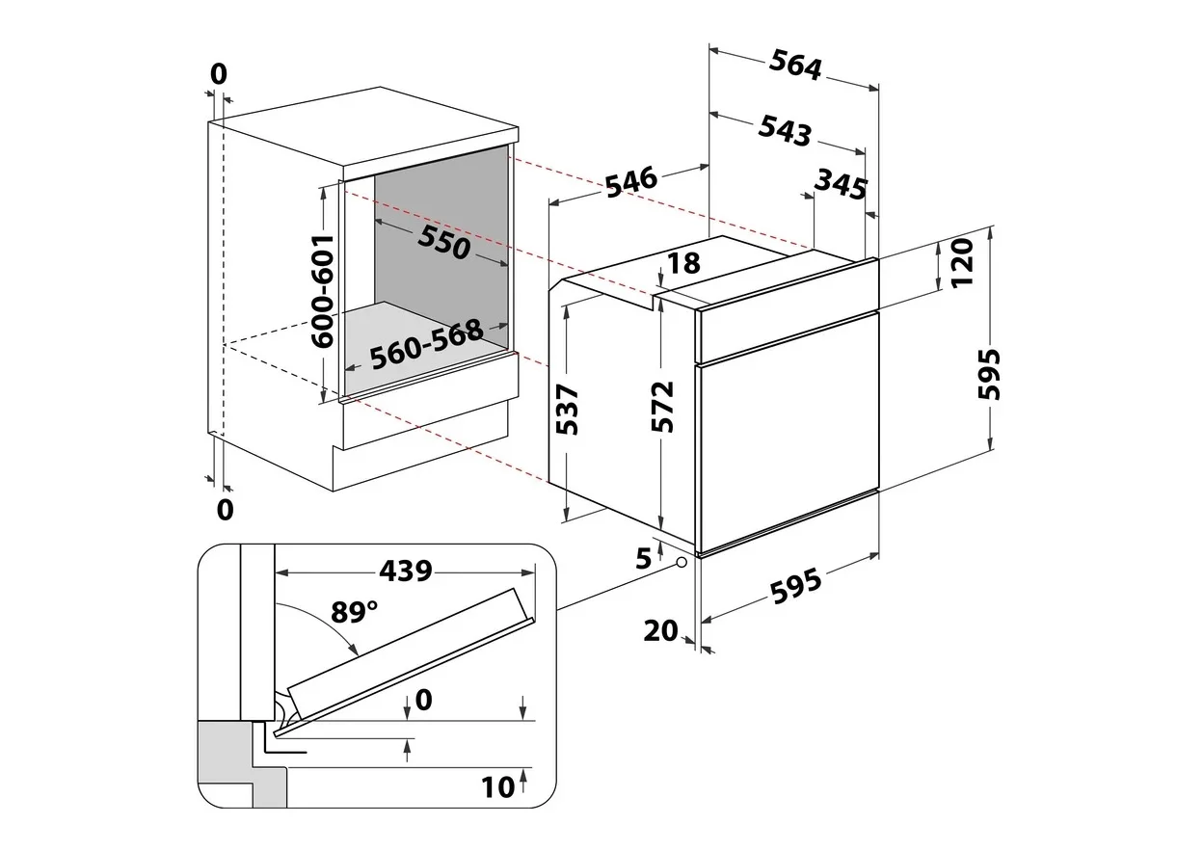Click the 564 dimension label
tap(795, 65)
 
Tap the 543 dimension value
tap(785, 130)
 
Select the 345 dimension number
tap(841, 184)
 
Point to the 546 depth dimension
tap(631, 182)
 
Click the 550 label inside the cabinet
tap(443, 242)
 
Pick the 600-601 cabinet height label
tap(323, 292)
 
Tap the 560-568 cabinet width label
tap(427, 344)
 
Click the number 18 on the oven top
tap(683, 262)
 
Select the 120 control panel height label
tap(962, 262)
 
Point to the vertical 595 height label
tap(989, 374)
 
